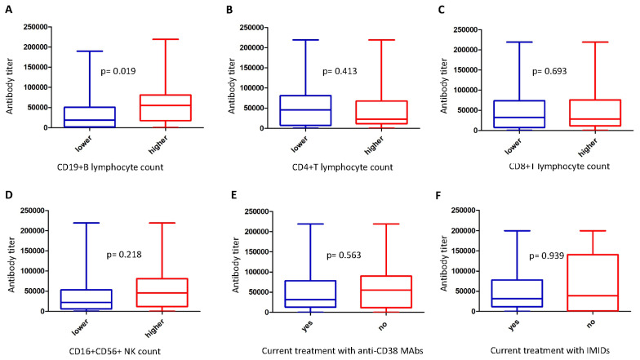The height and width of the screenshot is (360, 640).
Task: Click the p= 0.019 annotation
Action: [118, 72]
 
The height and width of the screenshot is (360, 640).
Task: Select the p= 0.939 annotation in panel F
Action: [547, 256]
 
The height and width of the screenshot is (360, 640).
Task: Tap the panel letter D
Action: [8, 194]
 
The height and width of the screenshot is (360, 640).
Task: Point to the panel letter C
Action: [441, 10]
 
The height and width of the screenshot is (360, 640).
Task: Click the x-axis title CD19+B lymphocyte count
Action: [110, 167]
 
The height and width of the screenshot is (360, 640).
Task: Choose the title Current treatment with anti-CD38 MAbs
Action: [343, 351]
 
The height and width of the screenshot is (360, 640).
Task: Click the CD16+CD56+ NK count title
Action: [114, 351]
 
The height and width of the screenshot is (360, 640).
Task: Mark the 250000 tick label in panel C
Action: [464, 29]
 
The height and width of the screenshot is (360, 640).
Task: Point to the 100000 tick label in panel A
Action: [36, 87]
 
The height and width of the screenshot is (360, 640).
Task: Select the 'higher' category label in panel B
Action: [375, 145]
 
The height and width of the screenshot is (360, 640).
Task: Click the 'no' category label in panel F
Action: [591, 323]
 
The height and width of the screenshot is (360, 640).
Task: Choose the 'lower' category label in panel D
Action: [80, 327]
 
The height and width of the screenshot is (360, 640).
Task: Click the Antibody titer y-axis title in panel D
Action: [11, 264]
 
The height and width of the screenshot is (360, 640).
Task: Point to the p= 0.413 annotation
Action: [340, 72]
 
